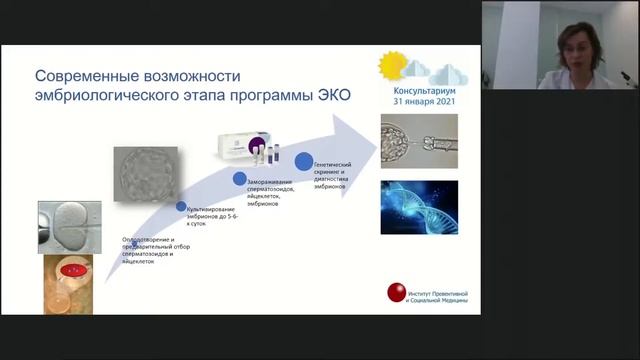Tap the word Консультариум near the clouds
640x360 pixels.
[418, 87]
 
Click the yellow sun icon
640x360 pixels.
[392, 64]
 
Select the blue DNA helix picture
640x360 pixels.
[418, 207]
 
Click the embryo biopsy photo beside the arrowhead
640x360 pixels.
[419, 141]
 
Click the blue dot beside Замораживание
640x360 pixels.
[240, 179]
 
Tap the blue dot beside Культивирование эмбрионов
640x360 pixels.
[181, 207]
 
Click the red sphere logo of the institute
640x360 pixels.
[397, 293]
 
